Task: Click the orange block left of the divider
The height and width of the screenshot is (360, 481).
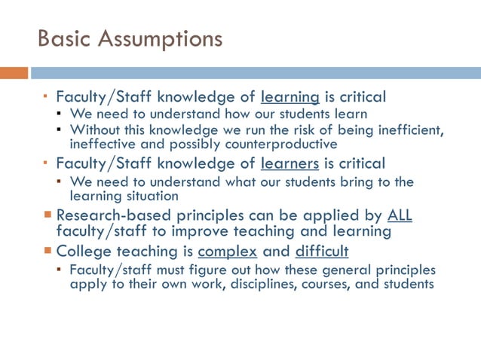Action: click(x=14, y=73)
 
